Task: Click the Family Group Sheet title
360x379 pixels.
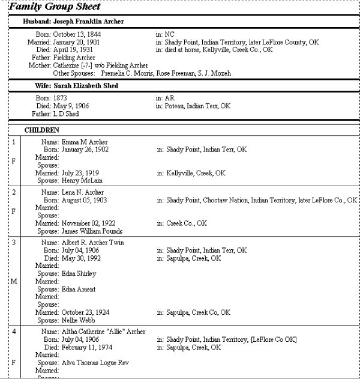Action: point(55,7)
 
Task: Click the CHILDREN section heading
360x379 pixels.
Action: point(41,130)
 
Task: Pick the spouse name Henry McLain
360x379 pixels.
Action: point(82,180)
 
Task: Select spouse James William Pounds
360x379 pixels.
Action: point(91,231)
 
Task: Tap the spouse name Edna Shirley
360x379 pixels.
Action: point(79,273)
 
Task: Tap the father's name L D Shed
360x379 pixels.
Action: point(70,114)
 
